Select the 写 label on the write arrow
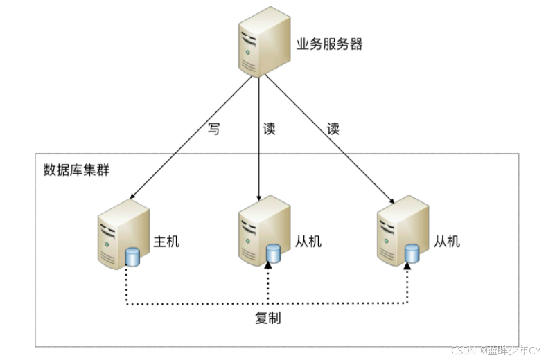(x=213, y=129)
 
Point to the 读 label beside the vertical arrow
(x=270, y=129)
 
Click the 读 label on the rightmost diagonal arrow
(x=333, y=129)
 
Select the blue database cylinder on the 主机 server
(x=132, y=258)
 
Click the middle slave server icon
(x=261, y=233)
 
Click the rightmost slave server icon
(x=399, y=233)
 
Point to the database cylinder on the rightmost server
(x=412, y=253)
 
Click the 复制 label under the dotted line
(x=267, y=318)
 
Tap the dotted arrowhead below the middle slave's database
(x=269, y=268)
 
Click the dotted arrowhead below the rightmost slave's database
(x=408, y=268)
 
